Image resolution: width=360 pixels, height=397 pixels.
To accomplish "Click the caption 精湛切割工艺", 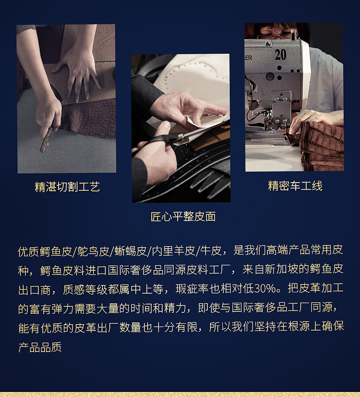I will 67,187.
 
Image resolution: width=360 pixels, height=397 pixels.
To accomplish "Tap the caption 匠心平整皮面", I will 183,217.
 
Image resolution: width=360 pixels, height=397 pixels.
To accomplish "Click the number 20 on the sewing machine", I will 280,55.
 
